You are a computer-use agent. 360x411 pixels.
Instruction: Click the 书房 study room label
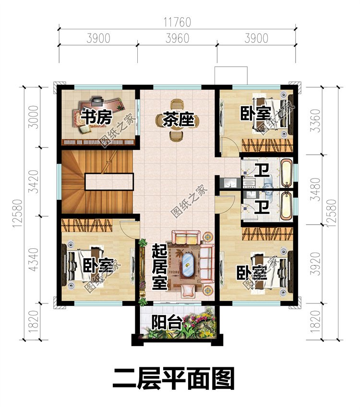point(96,117)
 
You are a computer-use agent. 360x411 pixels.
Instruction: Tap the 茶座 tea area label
point(179,120)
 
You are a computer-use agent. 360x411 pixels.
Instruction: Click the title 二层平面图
point(173,378)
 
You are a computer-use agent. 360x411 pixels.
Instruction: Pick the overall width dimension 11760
point(178,22)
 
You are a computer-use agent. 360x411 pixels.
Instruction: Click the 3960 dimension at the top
point(178,38)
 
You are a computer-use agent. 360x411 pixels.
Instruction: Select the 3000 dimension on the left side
point(33,117)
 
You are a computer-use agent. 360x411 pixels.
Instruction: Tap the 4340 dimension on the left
point(33,259)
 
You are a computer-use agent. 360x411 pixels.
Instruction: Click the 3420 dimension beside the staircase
point(33,181)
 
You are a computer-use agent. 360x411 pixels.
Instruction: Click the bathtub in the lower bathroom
point(287,206)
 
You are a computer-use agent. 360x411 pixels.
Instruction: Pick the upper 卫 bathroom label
point(262,170)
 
